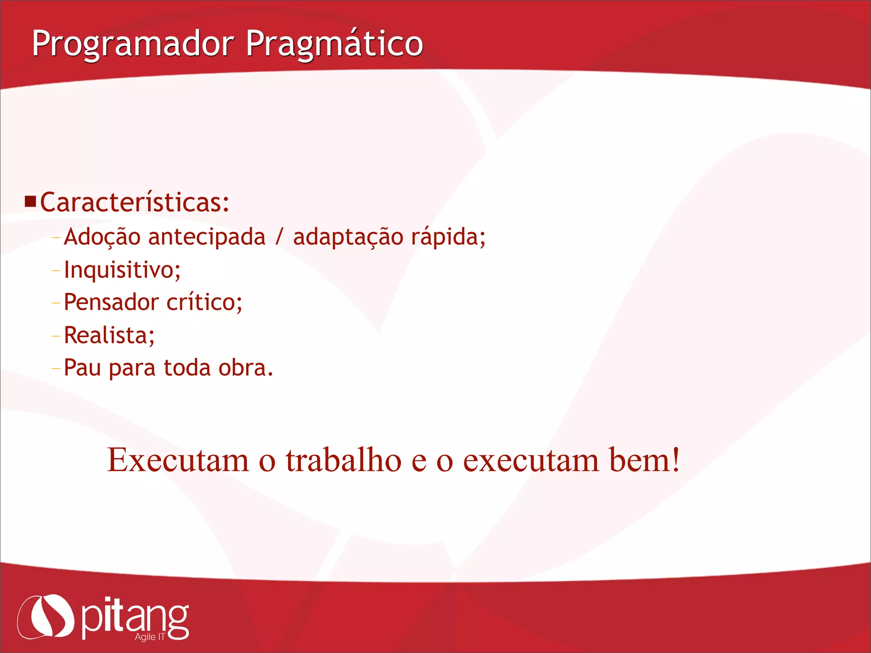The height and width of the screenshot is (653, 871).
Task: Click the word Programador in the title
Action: pos(133,44)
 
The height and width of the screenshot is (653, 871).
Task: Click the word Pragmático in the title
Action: pos(334,44)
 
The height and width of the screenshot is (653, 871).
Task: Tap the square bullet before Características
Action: pos(30,201)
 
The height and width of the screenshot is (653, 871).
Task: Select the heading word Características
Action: pos(135,202)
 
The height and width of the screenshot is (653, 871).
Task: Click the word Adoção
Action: pos(102,237)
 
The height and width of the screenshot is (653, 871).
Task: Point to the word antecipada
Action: pos(207,237)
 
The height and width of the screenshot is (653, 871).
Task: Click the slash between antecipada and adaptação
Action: pos(279,237)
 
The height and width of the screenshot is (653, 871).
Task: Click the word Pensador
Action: pos(111,302)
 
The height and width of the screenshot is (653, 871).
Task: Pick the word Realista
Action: pos(108,335)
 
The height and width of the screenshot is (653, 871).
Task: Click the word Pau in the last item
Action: pos(82,368)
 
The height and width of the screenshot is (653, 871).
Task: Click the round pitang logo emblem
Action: pos(46,616)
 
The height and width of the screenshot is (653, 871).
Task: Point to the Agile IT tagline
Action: pos(149,637)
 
